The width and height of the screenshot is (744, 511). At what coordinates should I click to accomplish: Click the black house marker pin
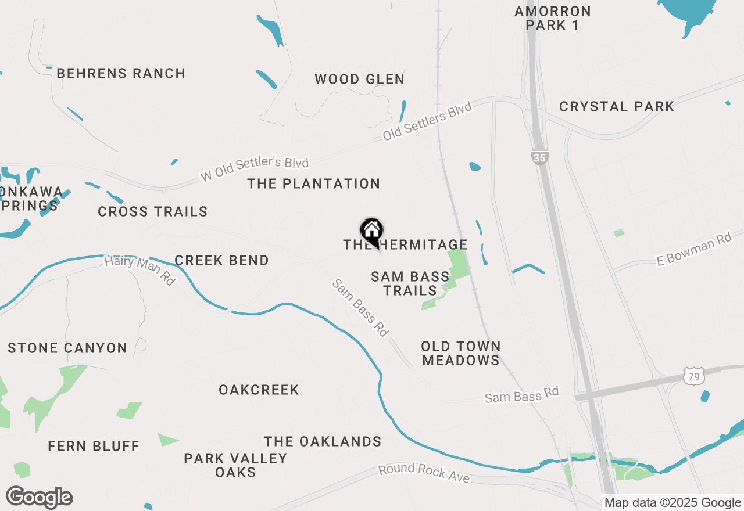[x=371, y=232]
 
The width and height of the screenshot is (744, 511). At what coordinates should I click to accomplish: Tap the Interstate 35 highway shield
[x=539, y=157]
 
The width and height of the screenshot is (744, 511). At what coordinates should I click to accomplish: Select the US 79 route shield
[x=695, y=376]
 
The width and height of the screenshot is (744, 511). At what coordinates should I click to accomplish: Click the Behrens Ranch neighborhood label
[x=121, y=74]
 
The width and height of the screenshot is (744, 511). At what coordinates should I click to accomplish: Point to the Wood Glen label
[x=359, y=80]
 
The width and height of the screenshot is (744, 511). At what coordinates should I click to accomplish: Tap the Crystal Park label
[x=616, y=107]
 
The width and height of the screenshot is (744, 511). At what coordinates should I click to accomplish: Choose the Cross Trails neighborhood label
[x=152, y=212]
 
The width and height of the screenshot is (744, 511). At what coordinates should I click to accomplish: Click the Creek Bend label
[x=221, y=261]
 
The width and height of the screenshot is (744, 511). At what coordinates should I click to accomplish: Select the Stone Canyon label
[x=67, y=348]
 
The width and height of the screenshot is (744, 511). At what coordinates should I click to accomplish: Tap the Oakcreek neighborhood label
[x=259, y=390]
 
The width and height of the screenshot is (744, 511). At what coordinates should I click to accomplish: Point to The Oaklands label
[x=323, y=442]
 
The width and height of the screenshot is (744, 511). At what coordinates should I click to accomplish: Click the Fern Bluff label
[x=94, y=447]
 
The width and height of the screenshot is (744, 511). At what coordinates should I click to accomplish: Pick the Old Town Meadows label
[x=460, y=353]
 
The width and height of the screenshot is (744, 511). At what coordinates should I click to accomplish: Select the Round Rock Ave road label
[x=423, y=473]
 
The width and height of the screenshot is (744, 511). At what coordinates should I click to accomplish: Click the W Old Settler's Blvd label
[x=254, y=168]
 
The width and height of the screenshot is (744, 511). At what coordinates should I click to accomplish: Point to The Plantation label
[x=313, y=184]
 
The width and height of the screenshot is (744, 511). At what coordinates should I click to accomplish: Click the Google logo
[x=39, y=497]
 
